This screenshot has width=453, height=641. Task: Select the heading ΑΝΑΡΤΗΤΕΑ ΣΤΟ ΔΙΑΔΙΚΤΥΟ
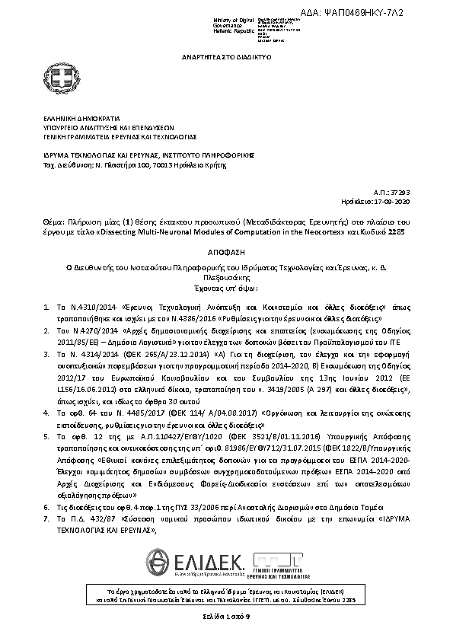click(226, 57)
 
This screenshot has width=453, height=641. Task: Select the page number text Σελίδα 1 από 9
click(225, 614)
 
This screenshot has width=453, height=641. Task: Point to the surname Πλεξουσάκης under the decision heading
click(226, 279)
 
